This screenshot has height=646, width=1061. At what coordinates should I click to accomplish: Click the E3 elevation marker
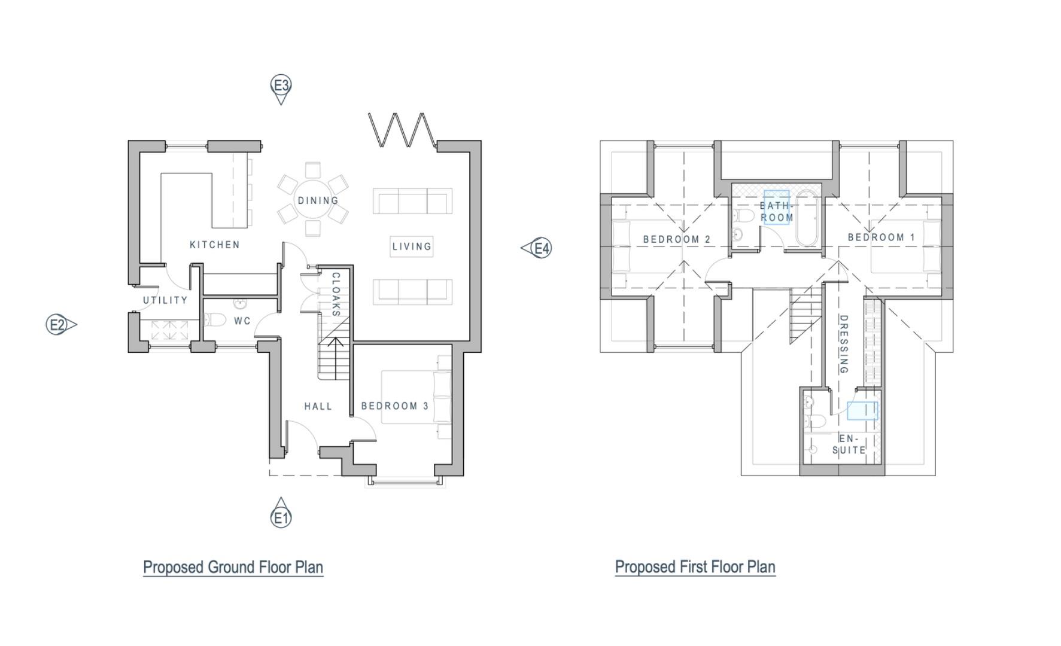click(x=281, y=87)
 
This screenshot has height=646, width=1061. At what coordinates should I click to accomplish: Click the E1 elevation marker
click(x=281, y=515)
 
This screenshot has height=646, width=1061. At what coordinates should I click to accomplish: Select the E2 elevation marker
click(x=59, y=325)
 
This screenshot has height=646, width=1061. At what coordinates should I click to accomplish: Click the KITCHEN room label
click(x=215, y=245)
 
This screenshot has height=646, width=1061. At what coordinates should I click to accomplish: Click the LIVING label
click(x=412, y=246)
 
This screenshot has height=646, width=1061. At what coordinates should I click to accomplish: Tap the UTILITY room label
click(x=165, y=300)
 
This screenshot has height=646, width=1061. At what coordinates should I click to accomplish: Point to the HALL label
click(x=318, y=406)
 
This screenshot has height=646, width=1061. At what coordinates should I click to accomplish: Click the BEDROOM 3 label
click(x=394, y=406)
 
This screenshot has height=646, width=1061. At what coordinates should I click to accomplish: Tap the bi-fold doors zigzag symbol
click(x=400, y=129)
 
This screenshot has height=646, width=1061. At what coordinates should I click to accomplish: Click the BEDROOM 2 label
click(x=677, y=239)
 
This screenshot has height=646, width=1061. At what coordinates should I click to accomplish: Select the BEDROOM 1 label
click(x=881, y=237)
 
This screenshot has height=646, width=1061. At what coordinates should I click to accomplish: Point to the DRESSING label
click(x=843, y=344)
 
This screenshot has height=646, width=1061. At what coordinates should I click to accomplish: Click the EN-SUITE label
click(x=849, y=444)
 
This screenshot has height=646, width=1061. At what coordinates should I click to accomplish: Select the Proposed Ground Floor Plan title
click(x=233, y=567)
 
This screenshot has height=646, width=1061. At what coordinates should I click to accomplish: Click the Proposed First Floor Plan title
click(x=695, y=566)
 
